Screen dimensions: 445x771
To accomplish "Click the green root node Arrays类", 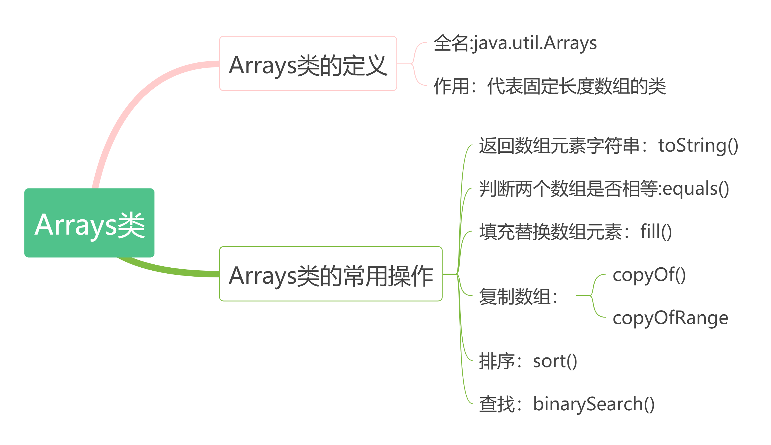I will click(89, 223).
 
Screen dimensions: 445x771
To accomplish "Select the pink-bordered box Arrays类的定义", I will click(308, 63).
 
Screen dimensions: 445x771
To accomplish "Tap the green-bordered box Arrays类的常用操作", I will click(331, 274).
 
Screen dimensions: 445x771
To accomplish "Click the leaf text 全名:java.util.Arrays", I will click(515, 43).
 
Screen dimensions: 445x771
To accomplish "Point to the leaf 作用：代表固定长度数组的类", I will click(550, 86).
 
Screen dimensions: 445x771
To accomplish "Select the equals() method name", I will click(696, 188).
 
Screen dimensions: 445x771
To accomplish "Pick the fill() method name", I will click(656, 231).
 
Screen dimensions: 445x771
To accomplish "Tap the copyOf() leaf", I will click(649, 274).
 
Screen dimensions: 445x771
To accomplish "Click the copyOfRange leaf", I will click(670, 318).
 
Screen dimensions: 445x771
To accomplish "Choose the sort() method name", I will click(555, 361).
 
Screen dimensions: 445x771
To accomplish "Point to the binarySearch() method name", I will click(593, 404).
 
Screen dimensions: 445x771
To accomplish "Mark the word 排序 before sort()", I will click(497, 361).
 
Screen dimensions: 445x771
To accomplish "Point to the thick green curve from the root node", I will click(171, 270).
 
